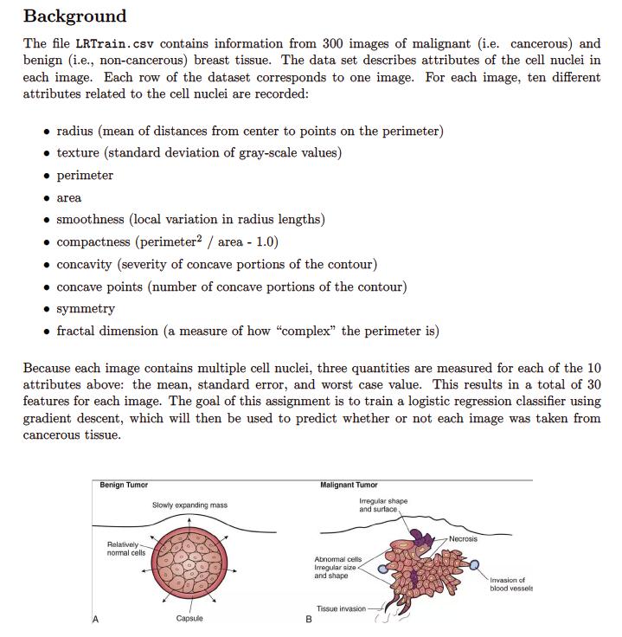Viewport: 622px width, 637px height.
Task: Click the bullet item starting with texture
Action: click(198, 153)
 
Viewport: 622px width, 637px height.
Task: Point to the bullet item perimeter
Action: click(85, 176)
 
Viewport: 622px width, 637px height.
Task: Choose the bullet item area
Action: click(69, 198)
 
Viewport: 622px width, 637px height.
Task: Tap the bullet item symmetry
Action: click(86, 309)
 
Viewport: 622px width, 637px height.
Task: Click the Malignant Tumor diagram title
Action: click(349, 485)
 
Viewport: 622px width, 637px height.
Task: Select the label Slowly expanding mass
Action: click(189, 505)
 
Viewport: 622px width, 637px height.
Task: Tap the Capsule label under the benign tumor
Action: click(189, 618)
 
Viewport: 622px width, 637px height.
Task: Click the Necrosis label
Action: click(463, 538)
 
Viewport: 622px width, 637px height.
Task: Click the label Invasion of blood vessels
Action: click(510, 584)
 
